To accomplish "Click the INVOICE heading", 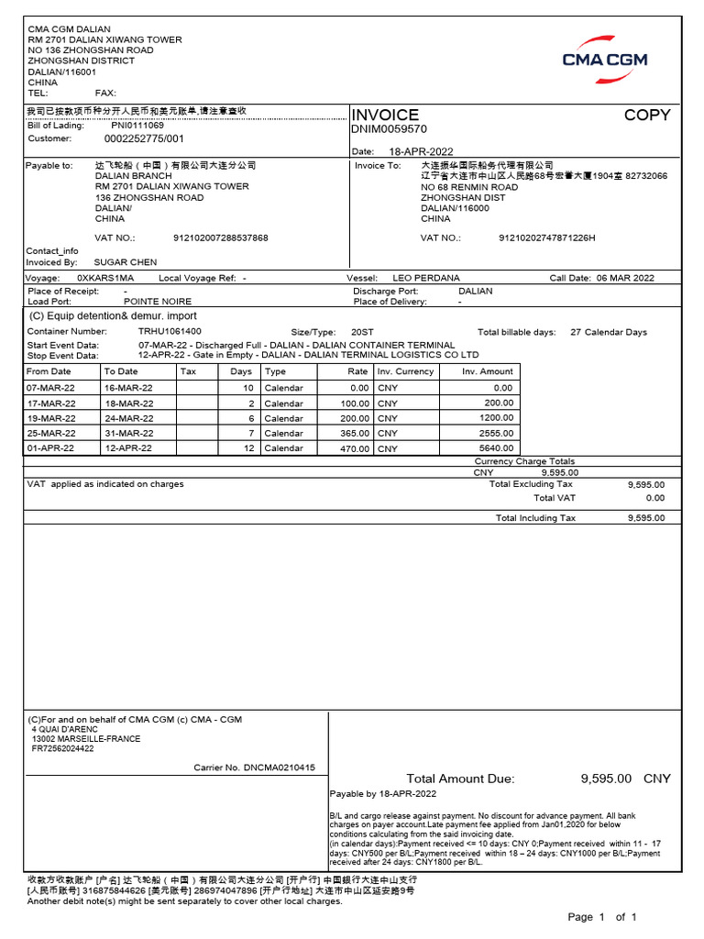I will click(x=385, y=115).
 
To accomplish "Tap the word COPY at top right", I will click(x=647, y=115).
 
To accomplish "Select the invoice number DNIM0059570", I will click(x=390, y=129).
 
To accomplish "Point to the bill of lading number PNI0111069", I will click(x=137, y=125).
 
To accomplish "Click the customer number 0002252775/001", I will click(x=144, y=138).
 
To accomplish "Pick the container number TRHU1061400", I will click(x=170, y=331).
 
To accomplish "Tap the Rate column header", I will click(x=357, y=371).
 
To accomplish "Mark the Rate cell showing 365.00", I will click(x=355, y=433).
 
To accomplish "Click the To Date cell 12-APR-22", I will click(x=127, y=448).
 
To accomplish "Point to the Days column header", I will click(x=241, y=371).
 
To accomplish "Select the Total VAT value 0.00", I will click(x=654, y=498).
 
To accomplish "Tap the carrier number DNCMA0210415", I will click(x=279, y=768).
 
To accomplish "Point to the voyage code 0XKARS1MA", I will click(x=105, y=278).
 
